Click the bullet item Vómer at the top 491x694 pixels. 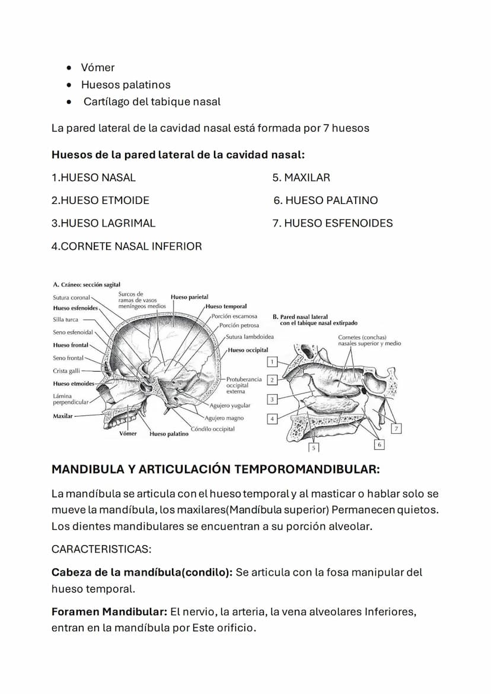pos(98,68)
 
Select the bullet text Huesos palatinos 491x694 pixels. pos(126,85)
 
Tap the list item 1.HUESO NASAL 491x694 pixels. pos(94,177)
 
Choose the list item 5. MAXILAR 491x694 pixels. pos(301,177)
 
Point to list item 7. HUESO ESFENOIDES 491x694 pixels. pos(333,223)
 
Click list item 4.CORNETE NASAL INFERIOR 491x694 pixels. pos(127,246)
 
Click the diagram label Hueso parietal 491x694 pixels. pos(189,297)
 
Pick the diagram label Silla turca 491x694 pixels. pos(65,319)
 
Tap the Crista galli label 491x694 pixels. pos(66,371)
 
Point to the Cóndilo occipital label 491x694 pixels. pos(212,428)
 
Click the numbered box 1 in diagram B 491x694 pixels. pos(272,362)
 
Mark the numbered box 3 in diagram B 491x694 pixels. pos(272,399)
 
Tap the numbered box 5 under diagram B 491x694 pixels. pos(314,448)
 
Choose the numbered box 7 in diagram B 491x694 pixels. pos(397,428)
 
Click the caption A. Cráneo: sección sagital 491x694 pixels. pos(87,285)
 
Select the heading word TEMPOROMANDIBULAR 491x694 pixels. pos(307,469)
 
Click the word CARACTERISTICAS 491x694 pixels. pos(101,549)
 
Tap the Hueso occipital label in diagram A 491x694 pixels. pos(248,350)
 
